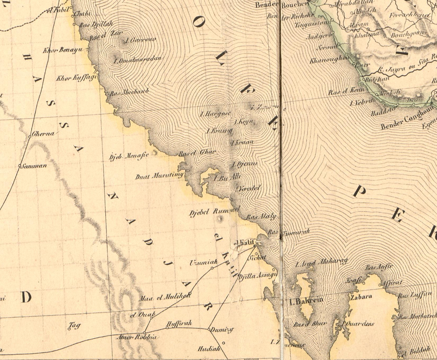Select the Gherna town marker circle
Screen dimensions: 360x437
coord(30,136)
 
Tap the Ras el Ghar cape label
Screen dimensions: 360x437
coord(197,152)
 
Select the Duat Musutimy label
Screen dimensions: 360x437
coord(159,176)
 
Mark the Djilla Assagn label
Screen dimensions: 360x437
coord(254,276)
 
